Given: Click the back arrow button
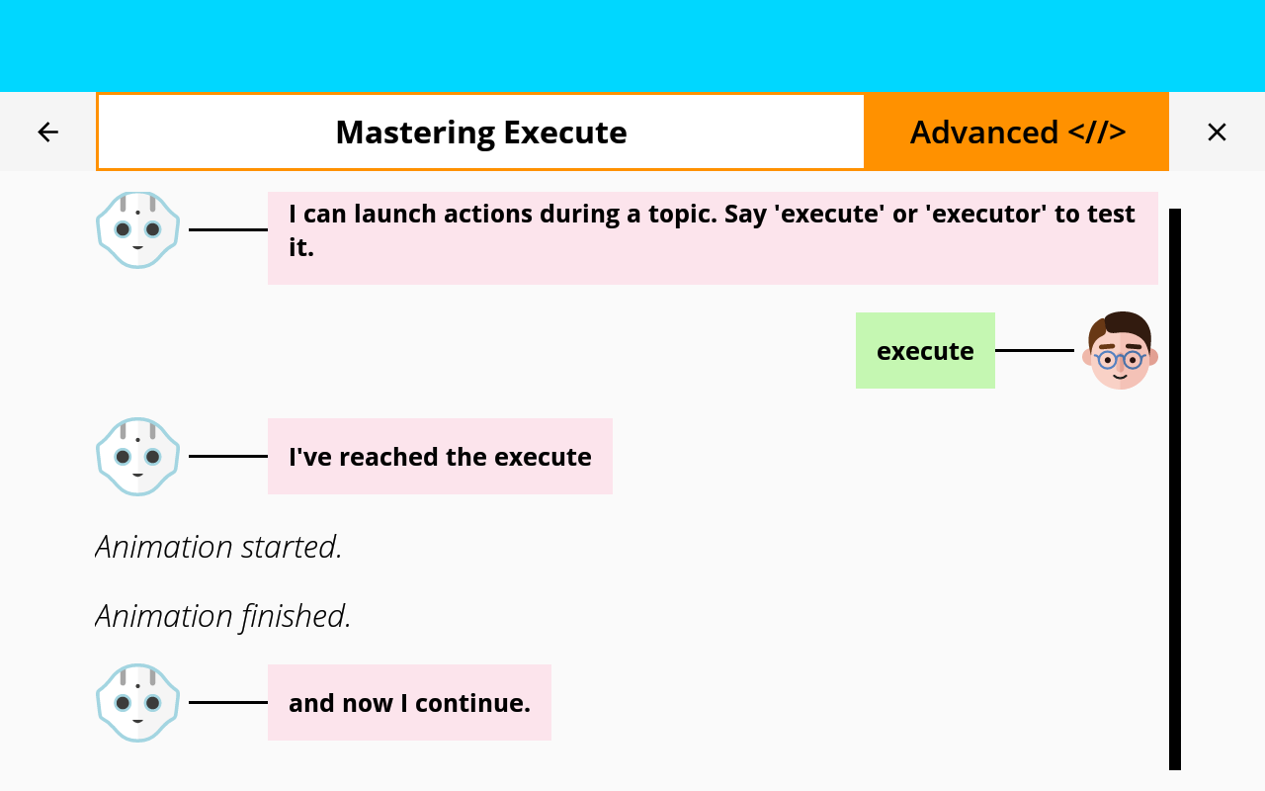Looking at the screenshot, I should coord(47,132).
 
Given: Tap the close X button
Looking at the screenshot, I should coord(1217,132).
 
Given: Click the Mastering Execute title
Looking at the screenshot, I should coord(480,132).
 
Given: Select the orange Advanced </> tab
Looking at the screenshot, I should coord(1017,132).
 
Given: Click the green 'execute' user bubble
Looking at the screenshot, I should coord(925,351).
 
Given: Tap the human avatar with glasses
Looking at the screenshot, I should coord(1121,351).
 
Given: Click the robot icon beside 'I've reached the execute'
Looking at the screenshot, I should coord(137,456).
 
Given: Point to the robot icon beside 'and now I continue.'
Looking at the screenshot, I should coord(137,702).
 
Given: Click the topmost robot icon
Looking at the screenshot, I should coord(137,229).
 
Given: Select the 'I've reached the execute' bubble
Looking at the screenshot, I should coord(440,457).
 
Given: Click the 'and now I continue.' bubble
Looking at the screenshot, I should coord(409,703).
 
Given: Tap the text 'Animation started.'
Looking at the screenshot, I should coord(218,547).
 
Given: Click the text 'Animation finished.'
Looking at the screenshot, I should coord(223,616).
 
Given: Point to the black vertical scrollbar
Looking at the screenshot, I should coord(1175,488).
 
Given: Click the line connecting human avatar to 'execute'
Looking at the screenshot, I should coord(1034,350).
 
